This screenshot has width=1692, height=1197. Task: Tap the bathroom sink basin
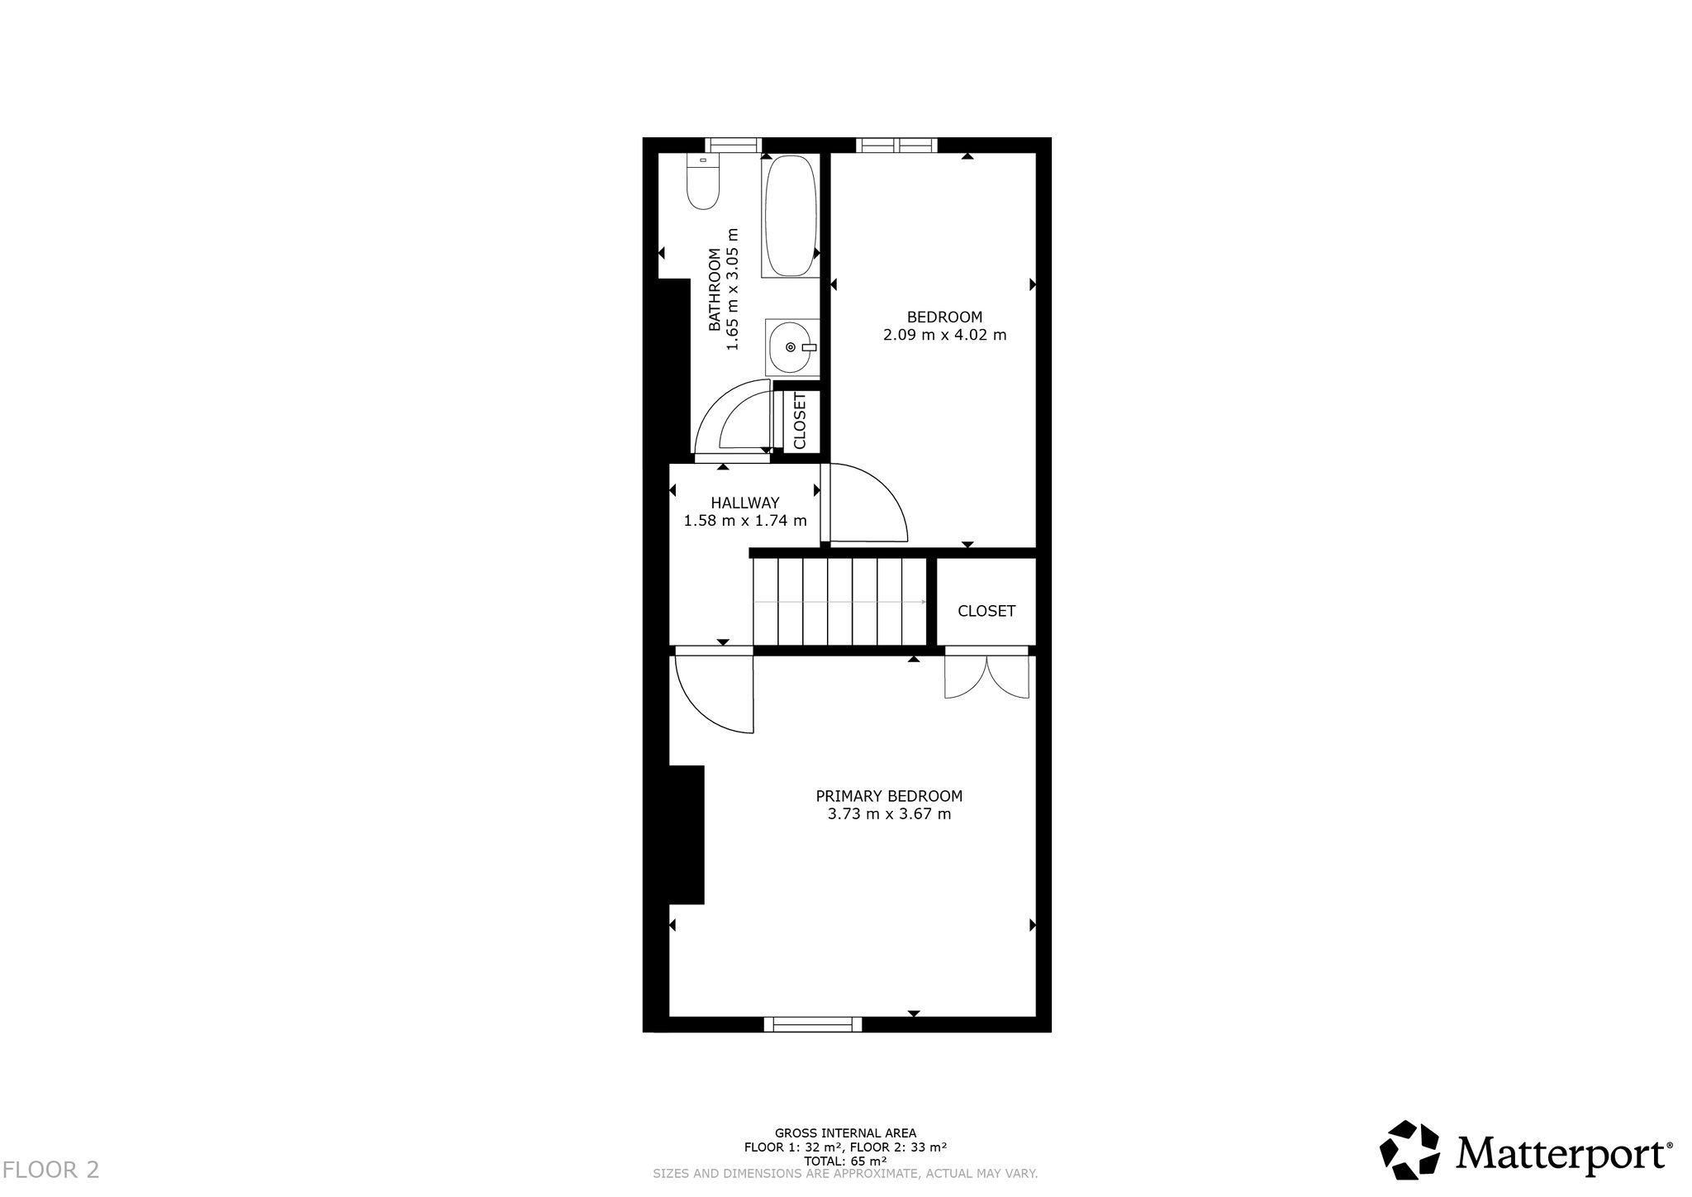click(792, 347)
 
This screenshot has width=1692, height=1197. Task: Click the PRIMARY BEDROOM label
click(889, 796)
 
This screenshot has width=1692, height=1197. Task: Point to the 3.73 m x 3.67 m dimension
click(889, 814)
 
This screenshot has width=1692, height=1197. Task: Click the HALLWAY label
click(745, 503)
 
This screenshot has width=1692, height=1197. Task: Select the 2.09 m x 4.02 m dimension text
click(944, 335)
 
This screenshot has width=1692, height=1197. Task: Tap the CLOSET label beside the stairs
click(986, 611)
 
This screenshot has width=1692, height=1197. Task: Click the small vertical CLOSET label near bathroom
click(800, 421)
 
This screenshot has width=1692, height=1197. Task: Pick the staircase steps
click(839, 602)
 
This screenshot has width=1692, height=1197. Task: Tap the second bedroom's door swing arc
click(867, 504)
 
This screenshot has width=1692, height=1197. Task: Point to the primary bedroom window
click(813, 1024)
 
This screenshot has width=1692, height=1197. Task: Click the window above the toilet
click(733, 145)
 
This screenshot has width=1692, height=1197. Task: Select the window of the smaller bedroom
click(897, 145)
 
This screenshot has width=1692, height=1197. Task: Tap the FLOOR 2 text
click(51, 1170)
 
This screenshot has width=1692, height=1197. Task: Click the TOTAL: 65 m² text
click(845, 1161)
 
